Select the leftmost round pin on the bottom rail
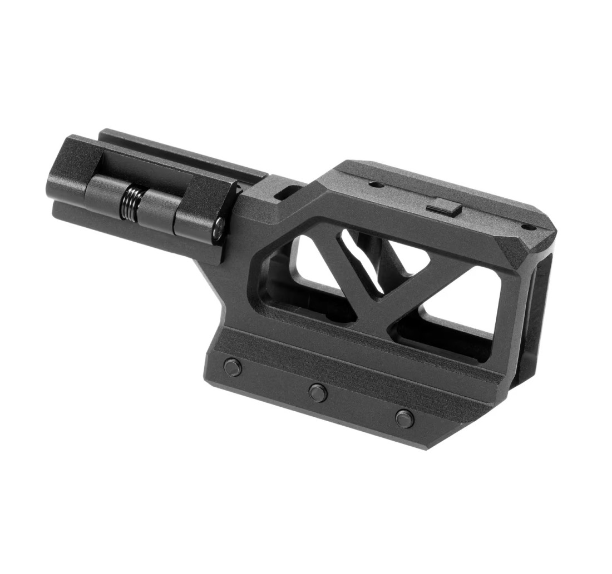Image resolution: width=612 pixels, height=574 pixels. point(231,366)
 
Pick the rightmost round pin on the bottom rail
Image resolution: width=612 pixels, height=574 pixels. point(404,417)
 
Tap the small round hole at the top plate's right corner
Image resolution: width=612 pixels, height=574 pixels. point(524,227)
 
